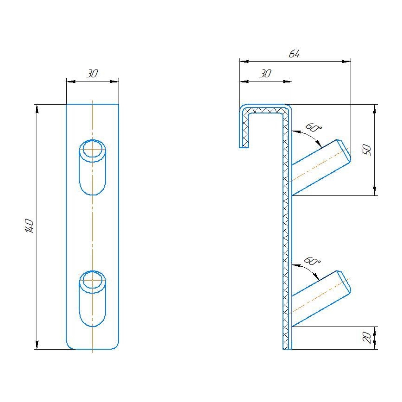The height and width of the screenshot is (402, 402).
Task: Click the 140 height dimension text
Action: pos(29,226)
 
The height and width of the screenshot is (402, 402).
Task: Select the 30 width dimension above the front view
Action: pos(92,74)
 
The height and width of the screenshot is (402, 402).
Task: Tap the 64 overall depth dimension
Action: pos(295,54)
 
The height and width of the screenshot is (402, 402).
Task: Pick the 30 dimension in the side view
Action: pos(265,74)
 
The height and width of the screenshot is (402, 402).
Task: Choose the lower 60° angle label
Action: pos(313,262)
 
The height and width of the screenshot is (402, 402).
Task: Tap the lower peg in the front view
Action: pos(93,299)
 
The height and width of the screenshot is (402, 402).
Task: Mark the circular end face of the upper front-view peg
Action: pos(93,149)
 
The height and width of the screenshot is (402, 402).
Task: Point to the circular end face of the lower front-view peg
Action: pos(93,281)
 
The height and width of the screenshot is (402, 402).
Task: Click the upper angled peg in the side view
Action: pos(320,166)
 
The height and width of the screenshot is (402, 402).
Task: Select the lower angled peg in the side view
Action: pos(320,298)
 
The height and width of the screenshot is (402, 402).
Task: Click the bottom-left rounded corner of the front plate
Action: pos(69,346)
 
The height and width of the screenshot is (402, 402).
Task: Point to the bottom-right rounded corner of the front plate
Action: pos(116,346)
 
